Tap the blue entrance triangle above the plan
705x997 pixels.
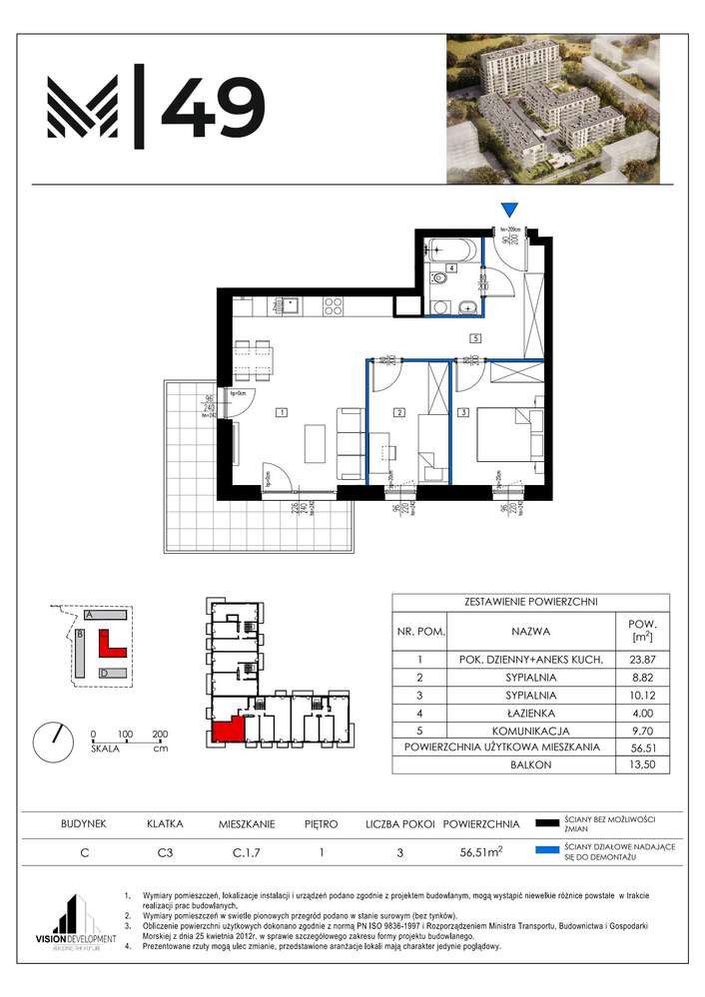pyautogui.click(x=510, y=209)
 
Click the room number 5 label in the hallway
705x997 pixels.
pyautogui.click(x=476, y=338)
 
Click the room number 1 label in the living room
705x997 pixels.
pyautogui.click(x=283, y=411)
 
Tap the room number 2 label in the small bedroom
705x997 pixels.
pyautogui.click(x=397, y=411)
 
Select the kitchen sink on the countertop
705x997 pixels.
pyautogui.click(x=290, y=306)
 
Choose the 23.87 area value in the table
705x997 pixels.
pyautogui.click(x=642, y=659)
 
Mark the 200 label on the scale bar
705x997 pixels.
pyautogui.click(x=159, y=734)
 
